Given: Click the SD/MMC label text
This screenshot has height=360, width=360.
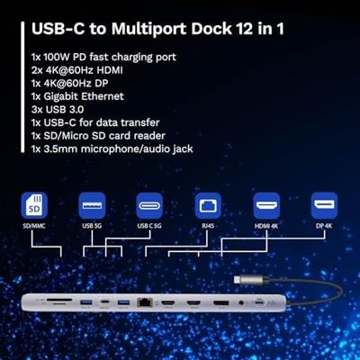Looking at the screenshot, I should click(33, 227).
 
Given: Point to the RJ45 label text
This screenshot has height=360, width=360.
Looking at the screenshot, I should click(209, 227).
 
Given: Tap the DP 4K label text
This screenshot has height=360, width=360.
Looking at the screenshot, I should click(324, 227).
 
